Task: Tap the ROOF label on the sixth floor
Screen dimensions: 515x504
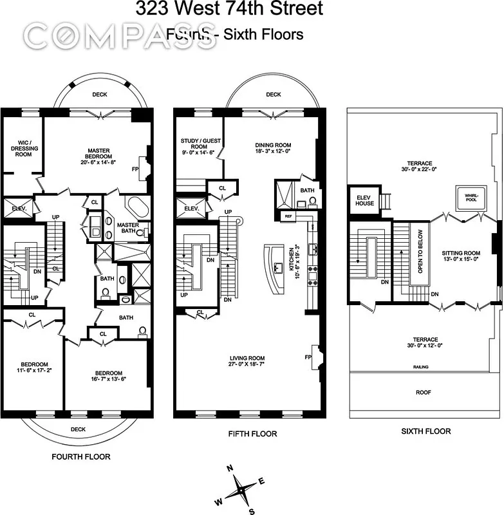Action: tap(423, 391)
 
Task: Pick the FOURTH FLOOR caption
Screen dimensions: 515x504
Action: tap(80, 456)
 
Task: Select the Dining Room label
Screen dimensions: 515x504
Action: tap(273, 149)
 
